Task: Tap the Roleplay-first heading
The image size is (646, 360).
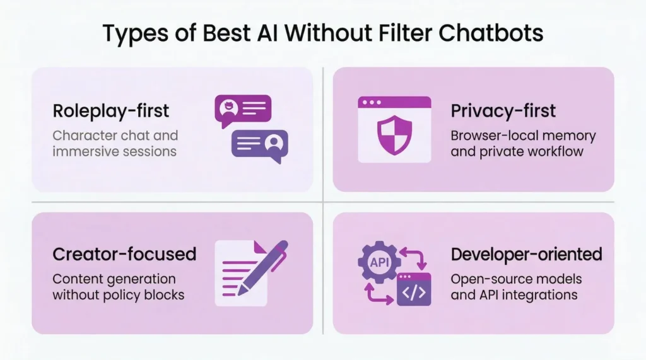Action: tap(111, 111)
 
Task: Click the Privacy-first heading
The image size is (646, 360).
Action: tap(503, 111)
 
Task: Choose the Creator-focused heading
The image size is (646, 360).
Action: tap(124, 254)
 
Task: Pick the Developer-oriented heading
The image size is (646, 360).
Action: tap(526, 254)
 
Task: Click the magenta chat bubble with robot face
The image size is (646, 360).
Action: tap(243, 110)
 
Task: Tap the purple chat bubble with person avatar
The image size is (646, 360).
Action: tap(259, 144)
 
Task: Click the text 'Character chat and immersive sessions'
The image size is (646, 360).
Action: tap(115, 143)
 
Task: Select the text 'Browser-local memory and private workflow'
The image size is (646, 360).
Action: tap(523, 143)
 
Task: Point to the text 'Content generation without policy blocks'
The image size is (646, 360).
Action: tap(118, 286)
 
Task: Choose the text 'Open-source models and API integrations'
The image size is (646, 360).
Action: tap(516, 286)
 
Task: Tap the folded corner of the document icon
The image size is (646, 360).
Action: tap(259, 247)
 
